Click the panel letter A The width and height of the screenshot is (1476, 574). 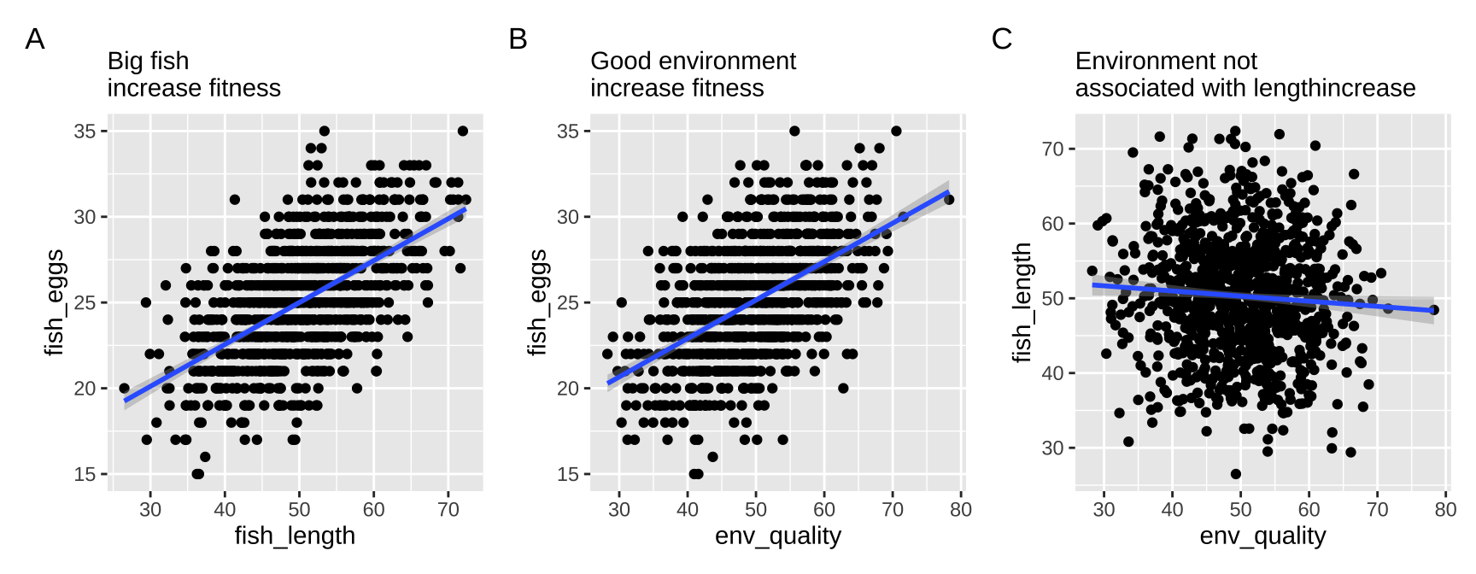[x=35, y=39]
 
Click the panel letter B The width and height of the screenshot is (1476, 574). [x=518, y=39]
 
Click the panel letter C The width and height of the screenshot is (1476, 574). [x=1002, y=39]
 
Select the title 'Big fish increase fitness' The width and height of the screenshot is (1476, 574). [x=194, y=74]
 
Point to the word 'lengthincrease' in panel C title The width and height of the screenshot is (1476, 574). [x=1330, y=88]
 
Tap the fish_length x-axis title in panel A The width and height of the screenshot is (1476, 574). [x=295, y=536]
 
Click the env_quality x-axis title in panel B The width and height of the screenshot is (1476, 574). [x=778, y=536]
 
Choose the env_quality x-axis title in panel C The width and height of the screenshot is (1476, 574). [x=1262, y=536]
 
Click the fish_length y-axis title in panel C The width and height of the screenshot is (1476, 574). [x=1022, y=302]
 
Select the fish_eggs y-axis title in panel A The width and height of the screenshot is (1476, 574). [x=55, y=302]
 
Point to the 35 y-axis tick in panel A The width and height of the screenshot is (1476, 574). [x=85, y=132]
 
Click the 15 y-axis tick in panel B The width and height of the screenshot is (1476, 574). [x=568, y=474]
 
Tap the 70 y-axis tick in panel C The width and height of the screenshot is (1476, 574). [x=1052, y=149]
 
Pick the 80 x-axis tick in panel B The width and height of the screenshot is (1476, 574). [x=961, y=510]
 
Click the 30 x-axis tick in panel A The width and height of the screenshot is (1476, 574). [x=150, y=510]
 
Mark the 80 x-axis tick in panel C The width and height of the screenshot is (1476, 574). [x=1445, y=510]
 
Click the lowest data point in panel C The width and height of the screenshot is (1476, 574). [x=1235, y=474]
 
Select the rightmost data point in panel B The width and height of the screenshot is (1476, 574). [x=949, y=200]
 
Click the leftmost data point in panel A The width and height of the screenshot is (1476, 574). [x=125, y=389]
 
